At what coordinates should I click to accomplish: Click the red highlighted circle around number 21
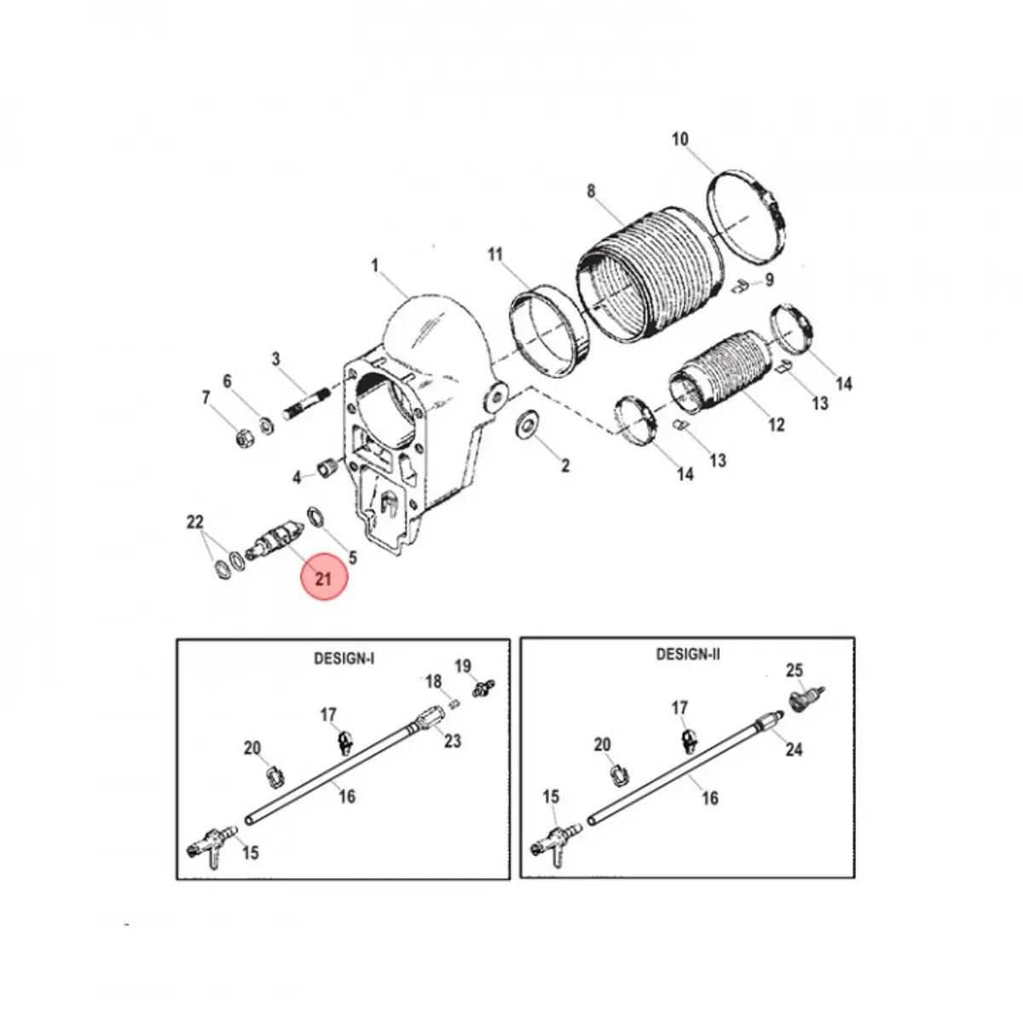[323, 577]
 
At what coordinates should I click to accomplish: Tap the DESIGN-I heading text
[344, 659]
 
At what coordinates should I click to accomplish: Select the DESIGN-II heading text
[688, 654]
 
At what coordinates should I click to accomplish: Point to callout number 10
[680, 139]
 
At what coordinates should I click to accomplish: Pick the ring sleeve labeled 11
[549, 332]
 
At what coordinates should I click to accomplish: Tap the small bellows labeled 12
[717, 373]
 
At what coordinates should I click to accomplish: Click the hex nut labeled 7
[245, 437]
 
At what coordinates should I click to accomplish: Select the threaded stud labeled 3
[308, 402]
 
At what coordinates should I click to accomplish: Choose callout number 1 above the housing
[375, 265]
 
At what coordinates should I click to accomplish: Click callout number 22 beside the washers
[195, 522]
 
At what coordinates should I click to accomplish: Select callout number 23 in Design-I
[453, 740]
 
